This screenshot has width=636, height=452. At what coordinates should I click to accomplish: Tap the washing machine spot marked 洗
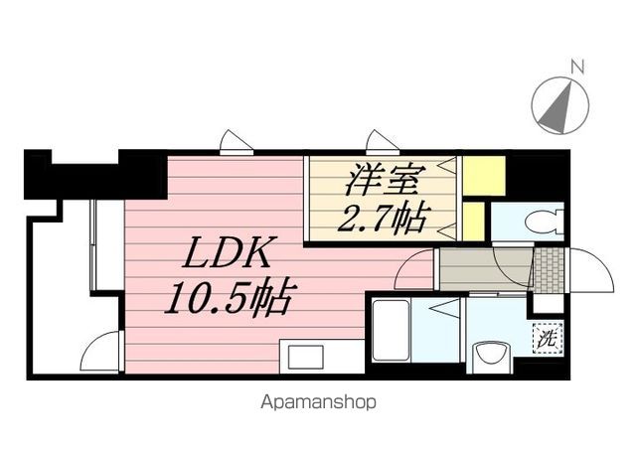click(x=547, y=337)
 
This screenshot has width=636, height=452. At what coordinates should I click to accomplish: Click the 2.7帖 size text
click(x=386, y=217)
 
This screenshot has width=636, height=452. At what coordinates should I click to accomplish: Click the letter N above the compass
click(x=576, y=68)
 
